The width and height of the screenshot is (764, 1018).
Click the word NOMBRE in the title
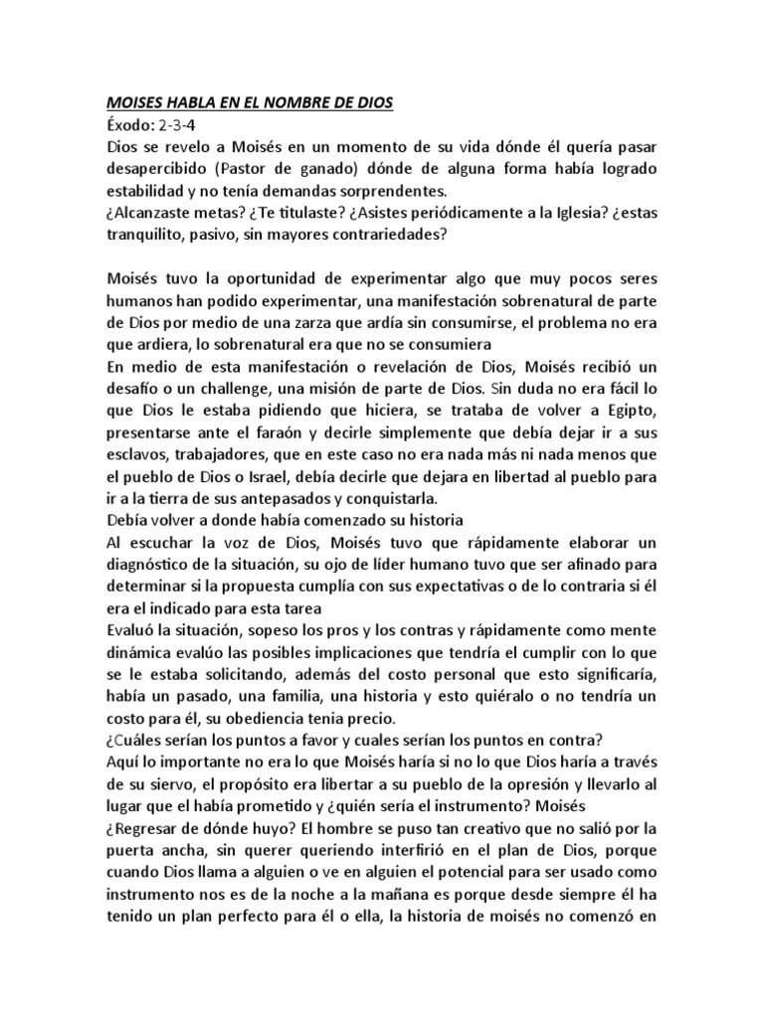coord(303,101)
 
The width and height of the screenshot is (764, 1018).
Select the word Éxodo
coord(127,123)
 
